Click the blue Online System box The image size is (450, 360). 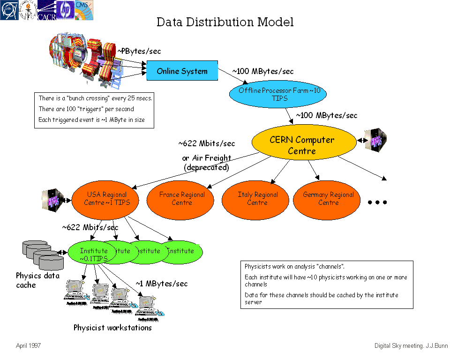[182, 71]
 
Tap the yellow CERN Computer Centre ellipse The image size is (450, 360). [302, 145]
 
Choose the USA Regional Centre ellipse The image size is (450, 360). [106, 198]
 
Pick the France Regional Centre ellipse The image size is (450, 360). [182, 198]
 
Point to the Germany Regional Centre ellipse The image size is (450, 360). [328, 198]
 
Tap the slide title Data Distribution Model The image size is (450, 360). [225, 22]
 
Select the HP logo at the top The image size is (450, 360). [65, 10]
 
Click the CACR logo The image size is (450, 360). [46, 10]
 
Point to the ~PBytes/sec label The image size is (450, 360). [139, 52]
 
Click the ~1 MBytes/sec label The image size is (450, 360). [162, 284]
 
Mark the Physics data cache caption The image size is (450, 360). [37, 280]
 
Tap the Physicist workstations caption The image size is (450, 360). [112, 328]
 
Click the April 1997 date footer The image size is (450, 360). [28, 345]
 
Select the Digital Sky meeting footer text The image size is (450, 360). [411, 346]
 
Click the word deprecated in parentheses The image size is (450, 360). [206, 167]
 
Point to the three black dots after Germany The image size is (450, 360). [377, 202]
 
